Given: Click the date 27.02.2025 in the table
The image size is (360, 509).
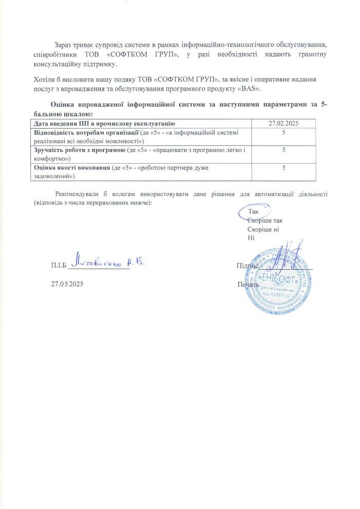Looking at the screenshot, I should tap(284, 124).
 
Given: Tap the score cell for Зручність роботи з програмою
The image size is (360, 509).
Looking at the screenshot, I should tap(284, 150).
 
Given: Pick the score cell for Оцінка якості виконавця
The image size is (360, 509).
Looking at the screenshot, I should tap(284, 168).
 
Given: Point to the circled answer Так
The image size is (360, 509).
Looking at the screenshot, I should tap(253, 212).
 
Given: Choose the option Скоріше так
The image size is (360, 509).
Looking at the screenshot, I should tap(264, 220).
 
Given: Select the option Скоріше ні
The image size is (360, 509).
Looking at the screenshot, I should tap(263, 229).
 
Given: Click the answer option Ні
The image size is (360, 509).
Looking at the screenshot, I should tap(251, 238).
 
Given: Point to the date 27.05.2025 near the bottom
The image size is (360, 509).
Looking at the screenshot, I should tap(67, 284).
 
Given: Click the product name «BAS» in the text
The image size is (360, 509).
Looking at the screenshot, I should tap(251, 89).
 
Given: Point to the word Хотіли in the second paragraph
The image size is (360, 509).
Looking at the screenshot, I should tap(43, 79).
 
